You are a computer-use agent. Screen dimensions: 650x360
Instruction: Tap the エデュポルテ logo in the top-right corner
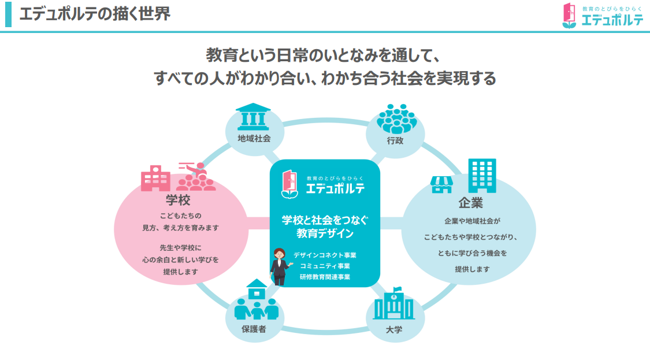click(603, 16)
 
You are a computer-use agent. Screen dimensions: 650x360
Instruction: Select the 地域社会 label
click(254, 138)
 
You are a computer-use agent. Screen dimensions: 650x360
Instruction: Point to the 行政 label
click(395, 140)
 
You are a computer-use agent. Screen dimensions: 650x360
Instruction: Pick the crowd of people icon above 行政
click(396, 118)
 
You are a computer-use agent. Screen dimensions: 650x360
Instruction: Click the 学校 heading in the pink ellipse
click(178, 200)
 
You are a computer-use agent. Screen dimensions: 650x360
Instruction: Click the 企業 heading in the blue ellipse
click(470, 203)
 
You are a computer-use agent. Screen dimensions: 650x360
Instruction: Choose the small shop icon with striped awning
click(442, 184)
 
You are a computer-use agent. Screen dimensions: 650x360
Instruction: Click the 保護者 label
click(254, 329)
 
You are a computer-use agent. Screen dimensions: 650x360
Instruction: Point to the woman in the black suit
click(280, 266)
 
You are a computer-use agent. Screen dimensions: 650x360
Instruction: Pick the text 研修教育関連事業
click(325, 277)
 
